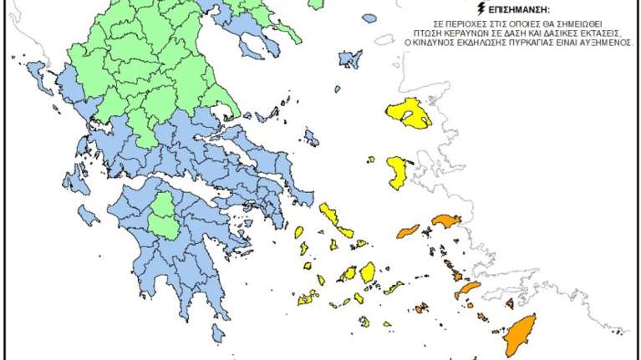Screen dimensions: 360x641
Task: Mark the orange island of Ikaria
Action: tap(408, 230)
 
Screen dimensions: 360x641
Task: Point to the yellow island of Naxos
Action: tap(367, 272)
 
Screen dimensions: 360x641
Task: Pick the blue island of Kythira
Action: tap(218, 334)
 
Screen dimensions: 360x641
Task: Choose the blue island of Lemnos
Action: tap(350, 58)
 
